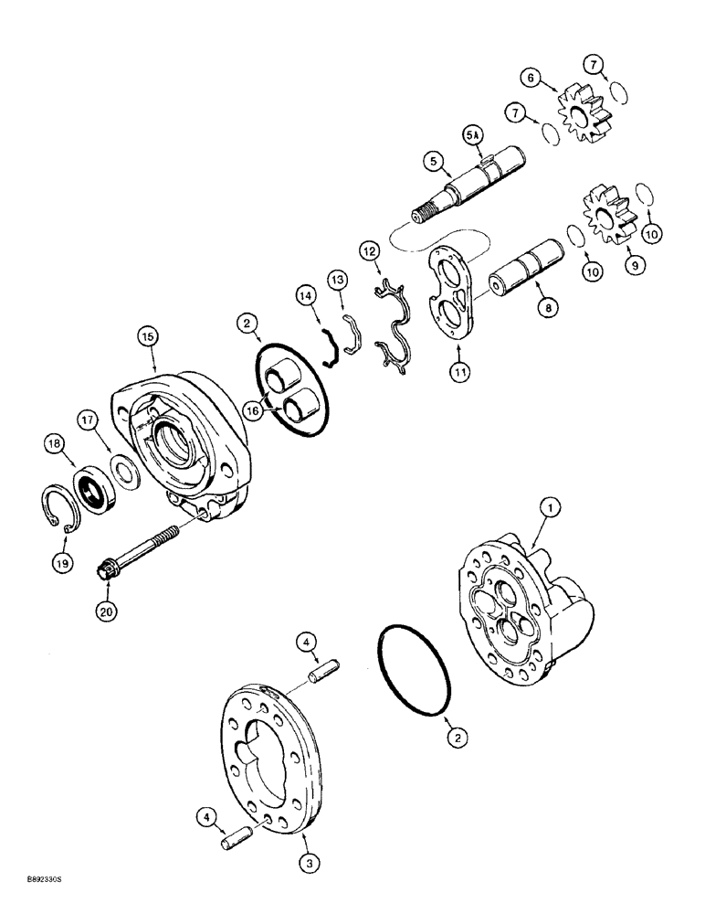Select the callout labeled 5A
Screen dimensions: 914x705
click(x=472, y=135)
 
